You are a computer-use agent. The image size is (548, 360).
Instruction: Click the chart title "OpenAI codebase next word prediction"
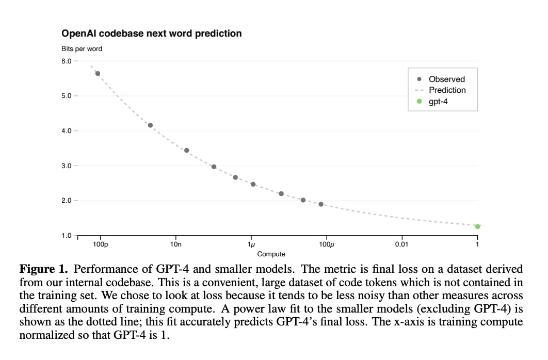click(x=151, y=34)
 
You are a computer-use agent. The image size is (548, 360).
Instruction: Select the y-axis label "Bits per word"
click(x=82, y=49)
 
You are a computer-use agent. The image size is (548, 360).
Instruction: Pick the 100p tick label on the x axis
click(x=100, y=244)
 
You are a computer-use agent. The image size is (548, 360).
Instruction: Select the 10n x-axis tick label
click(x=175, y=244)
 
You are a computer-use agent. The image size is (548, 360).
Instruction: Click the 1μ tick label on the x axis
click(x=251, y=244)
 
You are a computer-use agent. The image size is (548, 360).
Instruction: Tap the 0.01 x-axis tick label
click(x=401, y=244)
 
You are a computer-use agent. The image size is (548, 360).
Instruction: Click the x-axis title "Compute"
click(x=271, y=254)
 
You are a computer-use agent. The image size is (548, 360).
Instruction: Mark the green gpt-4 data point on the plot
click(x=478, y=226)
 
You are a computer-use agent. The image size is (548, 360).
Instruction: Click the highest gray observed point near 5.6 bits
click(x=98, y=73)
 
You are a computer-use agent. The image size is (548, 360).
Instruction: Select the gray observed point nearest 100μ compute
click(x=321, y=204)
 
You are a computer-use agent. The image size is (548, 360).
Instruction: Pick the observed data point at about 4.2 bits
click(x=150, y=125)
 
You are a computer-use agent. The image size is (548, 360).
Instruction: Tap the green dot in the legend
click(x=420, y=101)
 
